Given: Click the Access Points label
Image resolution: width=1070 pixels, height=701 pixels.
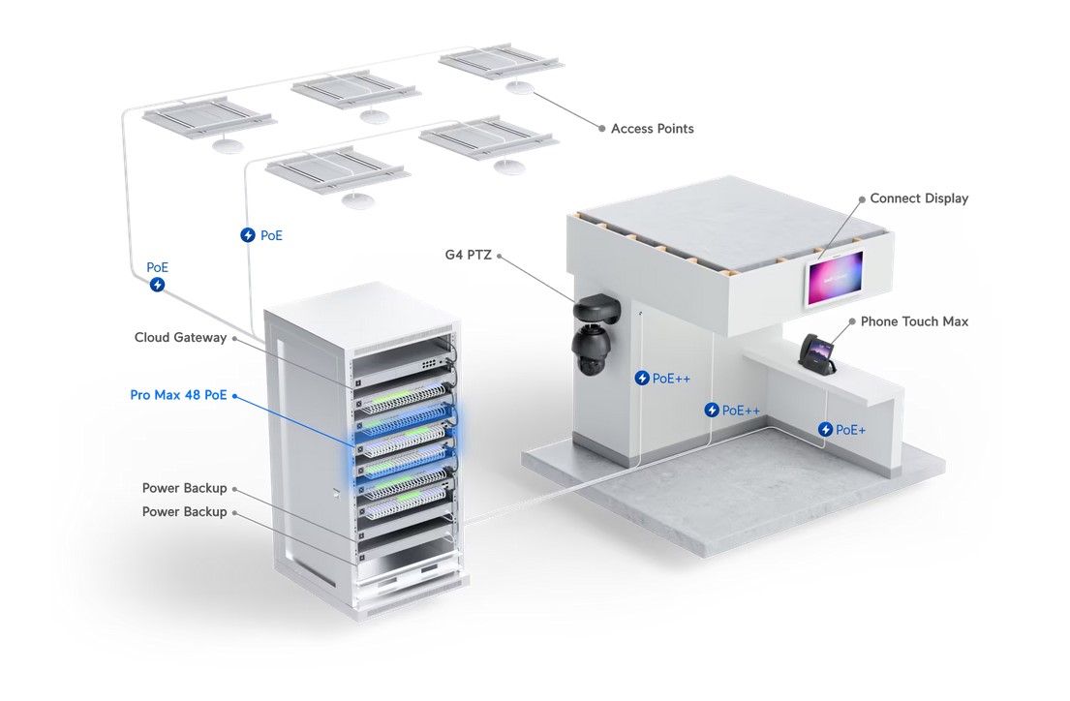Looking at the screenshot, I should [652, 129].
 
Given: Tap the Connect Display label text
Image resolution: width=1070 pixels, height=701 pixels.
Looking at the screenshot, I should [918, 198].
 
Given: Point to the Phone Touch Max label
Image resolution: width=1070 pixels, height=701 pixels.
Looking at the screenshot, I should [914, 321].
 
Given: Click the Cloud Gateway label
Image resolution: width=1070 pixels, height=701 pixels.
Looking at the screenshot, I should [180, 338].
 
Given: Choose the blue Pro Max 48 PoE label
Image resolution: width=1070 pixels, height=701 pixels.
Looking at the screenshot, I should [178, 395].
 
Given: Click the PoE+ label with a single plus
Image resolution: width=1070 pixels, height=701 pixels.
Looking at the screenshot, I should [850, 429].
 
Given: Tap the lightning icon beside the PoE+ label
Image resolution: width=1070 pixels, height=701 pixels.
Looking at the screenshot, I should [825, 429].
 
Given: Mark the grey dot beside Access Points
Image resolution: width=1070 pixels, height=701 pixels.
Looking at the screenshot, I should [601, 129].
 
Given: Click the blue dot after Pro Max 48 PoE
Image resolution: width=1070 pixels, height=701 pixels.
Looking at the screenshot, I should [235, 395].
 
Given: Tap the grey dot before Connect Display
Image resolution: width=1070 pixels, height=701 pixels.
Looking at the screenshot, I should [861, 198].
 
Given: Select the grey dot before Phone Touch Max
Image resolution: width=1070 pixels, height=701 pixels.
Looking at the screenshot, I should [850, 321].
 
